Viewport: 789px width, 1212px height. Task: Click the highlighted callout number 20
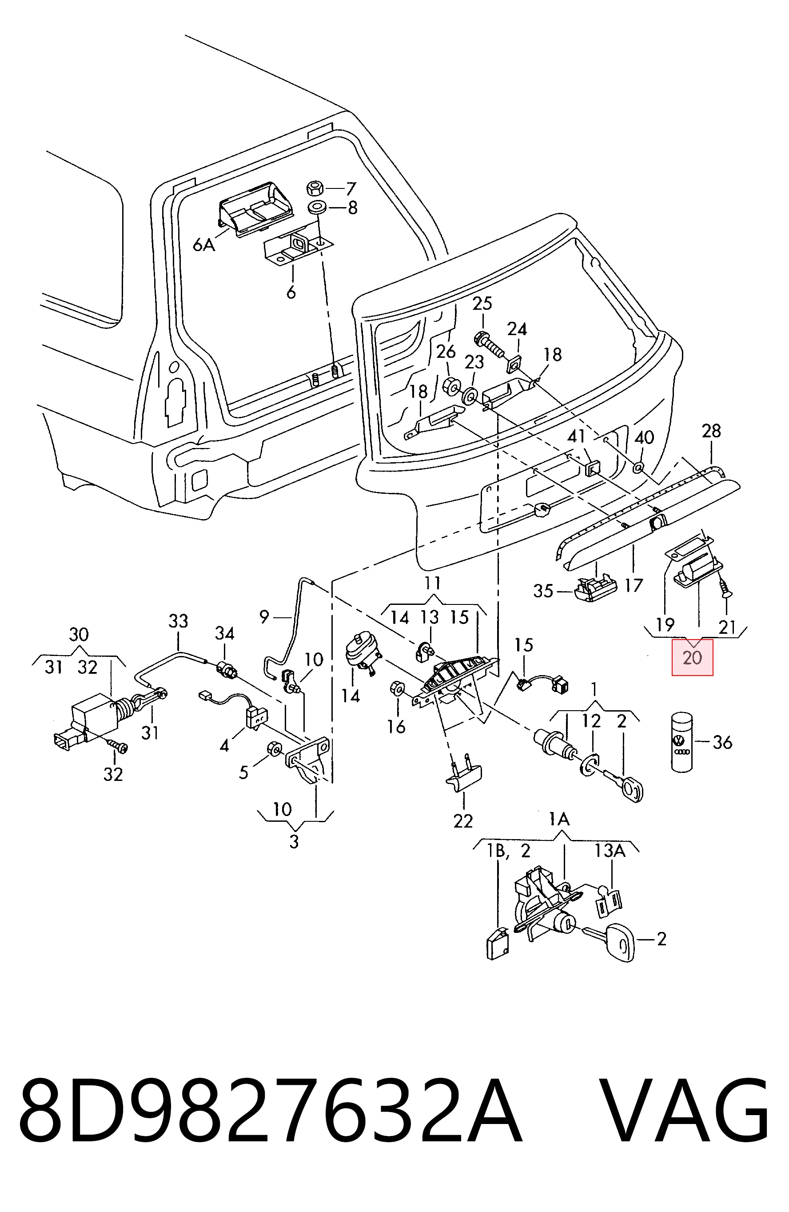(692, 657)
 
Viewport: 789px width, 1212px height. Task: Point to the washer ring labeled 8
(317, 208)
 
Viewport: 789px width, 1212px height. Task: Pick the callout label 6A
(204, 245)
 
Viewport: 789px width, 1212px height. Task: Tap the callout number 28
(711, 431)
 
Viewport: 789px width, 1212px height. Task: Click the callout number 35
(543, 591)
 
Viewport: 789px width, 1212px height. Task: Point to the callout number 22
(463, 821)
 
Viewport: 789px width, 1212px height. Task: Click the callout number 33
(178, 621)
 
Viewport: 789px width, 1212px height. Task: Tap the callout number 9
(264, 617)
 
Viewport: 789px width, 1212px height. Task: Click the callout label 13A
(610, 850)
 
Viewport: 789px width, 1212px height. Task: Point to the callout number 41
(577, 436)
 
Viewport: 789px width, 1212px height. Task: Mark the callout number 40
(645, 437)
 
